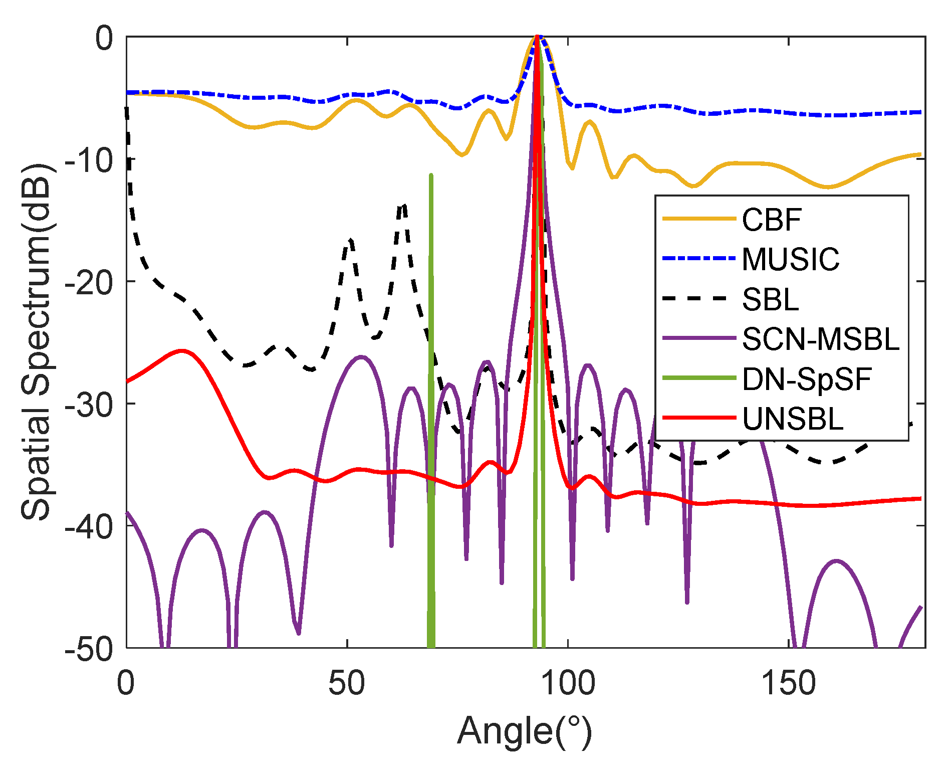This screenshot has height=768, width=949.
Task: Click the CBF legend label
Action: [772, 220]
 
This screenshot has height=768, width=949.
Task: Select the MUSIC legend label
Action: [790, 259]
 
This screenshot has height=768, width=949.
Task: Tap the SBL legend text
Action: [770, 300]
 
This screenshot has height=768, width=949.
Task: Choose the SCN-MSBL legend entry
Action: [820, 339]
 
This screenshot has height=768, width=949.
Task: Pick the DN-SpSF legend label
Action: [807, 379]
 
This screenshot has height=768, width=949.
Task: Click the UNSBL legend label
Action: [793, 419]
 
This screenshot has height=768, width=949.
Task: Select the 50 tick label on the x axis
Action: [347, 683]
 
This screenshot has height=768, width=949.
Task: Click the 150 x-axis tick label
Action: [789, 683]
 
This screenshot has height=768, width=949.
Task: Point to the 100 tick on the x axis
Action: [568, 683]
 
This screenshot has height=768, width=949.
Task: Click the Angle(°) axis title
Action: [525, 731]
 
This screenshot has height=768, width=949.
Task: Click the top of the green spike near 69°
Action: [431, 175]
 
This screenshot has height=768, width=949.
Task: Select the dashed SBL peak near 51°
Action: [351, 240]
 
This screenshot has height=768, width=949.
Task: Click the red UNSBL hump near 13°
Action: [182, 350]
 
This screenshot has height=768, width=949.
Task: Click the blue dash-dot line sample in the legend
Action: [698, 259]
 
